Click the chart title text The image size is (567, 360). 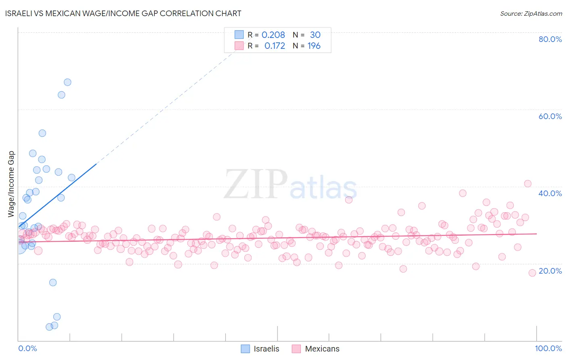(123, 13)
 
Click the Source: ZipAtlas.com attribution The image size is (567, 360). (531, 13)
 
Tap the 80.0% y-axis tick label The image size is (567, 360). (550, 39)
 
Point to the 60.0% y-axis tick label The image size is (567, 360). (550, 116)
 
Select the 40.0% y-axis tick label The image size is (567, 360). (550, 193)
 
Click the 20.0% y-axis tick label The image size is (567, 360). (550, 271)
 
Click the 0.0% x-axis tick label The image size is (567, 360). (27, 348)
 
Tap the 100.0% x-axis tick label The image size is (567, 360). (548, 348)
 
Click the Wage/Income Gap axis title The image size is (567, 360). (11, 184)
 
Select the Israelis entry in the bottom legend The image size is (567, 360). (266, 349)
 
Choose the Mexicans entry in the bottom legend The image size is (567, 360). (322, 349)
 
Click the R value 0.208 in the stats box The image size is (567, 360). (273, 35)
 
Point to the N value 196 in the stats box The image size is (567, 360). (314, 46)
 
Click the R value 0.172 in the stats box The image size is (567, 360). (275, 46)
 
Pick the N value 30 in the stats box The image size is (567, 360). (315, 35)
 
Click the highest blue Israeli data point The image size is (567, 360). (67, 82)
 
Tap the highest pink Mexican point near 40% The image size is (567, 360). (527, 184)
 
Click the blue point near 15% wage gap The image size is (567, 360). (53, 283)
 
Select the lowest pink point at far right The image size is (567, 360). (532, 273)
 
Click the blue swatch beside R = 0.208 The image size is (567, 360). (239, 35)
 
